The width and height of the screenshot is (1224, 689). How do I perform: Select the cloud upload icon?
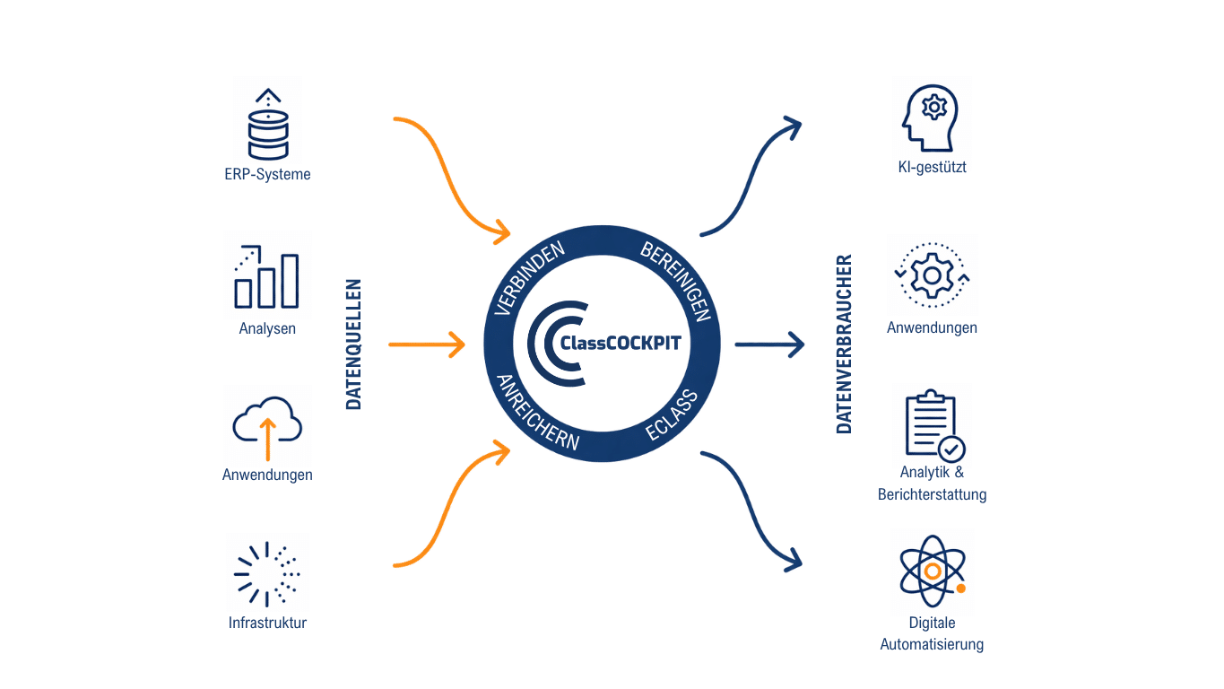pyautogui.click(x=267, y=423)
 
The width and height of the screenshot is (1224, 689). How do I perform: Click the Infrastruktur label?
pyautogui.click(x=267, y=623)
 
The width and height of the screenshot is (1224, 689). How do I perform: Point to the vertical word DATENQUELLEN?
pyautogui.click(x=354, y=344)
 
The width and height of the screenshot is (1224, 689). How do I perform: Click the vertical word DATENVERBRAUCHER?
pyautogui.click(x=844, y=344)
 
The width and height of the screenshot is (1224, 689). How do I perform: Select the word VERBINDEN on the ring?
pyautogui.click(x=530, y=278)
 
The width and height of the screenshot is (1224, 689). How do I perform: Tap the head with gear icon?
pyautogui.click(x=932, y=117)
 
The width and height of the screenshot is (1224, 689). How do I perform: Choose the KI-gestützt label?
pyautogui.click(x=932, y=167)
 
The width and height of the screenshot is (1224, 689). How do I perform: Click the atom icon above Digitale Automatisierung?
pyautogui.click(x=932, y=571)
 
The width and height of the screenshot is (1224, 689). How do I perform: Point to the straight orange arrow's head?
pyautogui.click(x=457, y=344)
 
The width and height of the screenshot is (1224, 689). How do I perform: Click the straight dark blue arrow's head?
pyautogui.click(x=796, y=344)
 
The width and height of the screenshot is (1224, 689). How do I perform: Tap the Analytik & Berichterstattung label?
pyautogui.click(x=932, y=484)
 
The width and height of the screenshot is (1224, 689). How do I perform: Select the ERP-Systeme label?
pyautogui.click(x=267, y=174)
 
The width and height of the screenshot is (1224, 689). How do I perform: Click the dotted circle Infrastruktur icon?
pyautogui.click(x=267, y=572)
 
